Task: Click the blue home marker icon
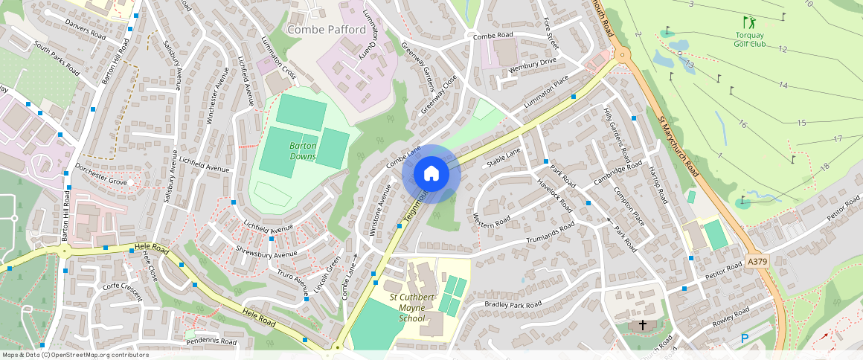tap(431, 174)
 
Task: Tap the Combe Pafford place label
tap(326, 30)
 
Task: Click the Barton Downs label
tap(303, 151)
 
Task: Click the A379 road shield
tap(757, 262)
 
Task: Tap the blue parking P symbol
tap(745, 338)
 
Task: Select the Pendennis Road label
tap(211, 341)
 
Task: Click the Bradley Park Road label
tap(513, 304)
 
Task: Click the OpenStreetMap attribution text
tap(74, 355)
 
